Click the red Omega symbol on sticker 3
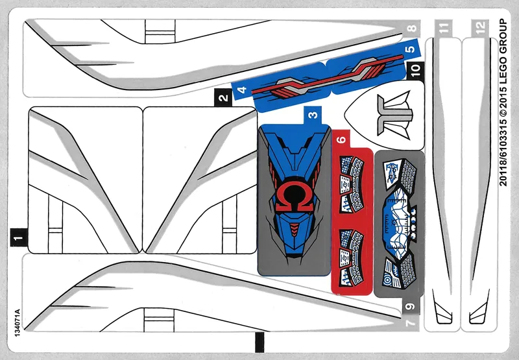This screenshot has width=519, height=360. tap(293, 198)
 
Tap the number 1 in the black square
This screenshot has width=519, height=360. tap(19, 237)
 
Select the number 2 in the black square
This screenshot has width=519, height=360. tap(224, 97)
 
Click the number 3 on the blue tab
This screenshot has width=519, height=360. tap(313, 115)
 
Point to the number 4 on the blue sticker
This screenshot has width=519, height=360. tap(243, 90)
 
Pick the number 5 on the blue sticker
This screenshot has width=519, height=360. tap(410, 49)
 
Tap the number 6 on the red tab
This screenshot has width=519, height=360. tap(341, 139)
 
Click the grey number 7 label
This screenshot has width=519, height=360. tap(410, 322)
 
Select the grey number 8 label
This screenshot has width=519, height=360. tap(411, 28)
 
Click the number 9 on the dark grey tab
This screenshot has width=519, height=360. tap(410, 306)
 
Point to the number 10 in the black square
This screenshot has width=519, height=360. tap(415, 70)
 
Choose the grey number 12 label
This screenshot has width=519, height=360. tap(480, 27)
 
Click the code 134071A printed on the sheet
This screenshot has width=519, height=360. tap(18, 322)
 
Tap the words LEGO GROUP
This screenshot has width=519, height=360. tap(503, 49)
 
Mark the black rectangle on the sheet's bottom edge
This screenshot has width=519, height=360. tap(259, 342)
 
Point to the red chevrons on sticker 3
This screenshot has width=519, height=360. tap(293, 228)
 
